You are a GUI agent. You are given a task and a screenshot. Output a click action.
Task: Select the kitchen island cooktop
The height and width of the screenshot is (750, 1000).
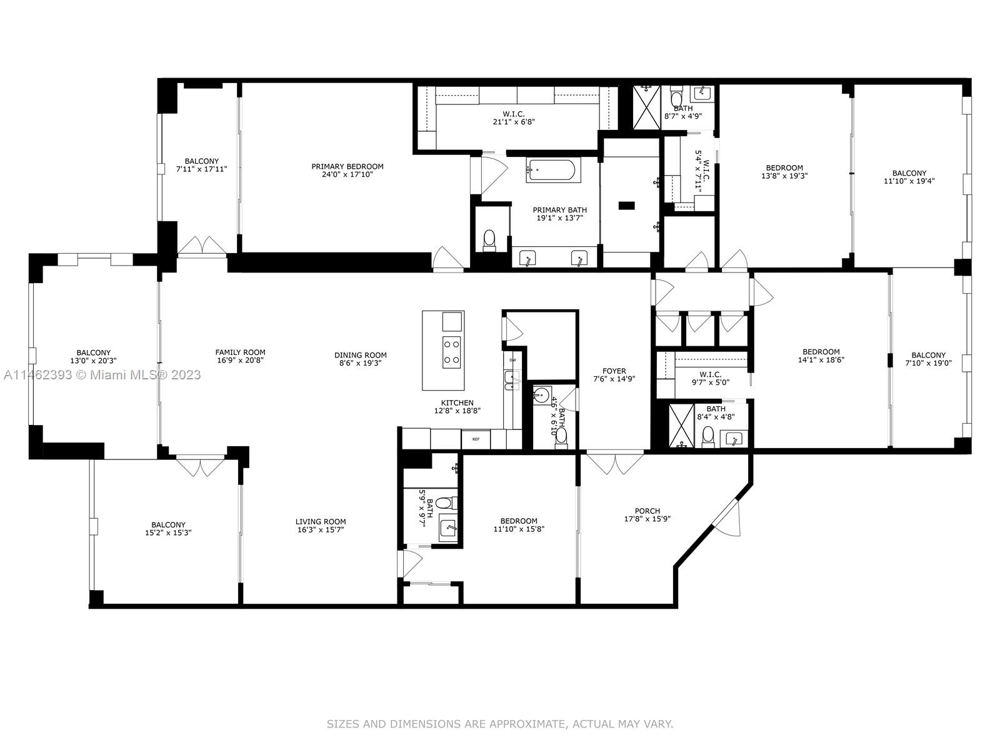pyautogui.click(x=452, y=351)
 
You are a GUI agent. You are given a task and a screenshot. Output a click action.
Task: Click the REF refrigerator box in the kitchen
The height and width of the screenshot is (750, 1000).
pyautogui.click(x=476, y=439)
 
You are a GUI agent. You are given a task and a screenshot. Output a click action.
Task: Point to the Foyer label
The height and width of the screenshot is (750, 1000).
pyautogui.click(x=614, y=371)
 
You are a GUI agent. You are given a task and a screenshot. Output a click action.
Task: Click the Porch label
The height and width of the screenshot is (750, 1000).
pyautogui.click(x=647, y=511)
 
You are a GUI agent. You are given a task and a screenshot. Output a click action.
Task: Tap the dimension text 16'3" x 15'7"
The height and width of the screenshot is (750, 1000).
pyautogui.click(x=321, y=530)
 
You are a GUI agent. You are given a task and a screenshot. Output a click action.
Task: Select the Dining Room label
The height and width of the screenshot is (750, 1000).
pyautogui.click(x=360, y=355)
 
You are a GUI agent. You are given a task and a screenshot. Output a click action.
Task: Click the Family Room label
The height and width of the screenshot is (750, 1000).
pyautogui.click(x=240, y=352)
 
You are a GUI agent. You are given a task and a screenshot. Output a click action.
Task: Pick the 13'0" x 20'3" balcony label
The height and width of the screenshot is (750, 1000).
pyautogui.click(x=93, y=352)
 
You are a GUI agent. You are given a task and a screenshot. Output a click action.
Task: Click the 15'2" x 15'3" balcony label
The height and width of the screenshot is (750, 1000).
pyautogui.click(x=168, y=525)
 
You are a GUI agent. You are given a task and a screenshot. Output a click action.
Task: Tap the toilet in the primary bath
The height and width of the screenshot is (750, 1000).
pyautogui.click(x=489, y=239)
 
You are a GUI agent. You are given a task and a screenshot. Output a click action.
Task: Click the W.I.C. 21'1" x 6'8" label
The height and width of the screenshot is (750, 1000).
pyautogui.click(x=513, y=114)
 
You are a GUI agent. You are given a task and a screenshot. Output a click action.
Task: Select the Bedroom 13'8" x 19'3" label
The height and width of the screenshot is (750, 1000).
pyautogui.click(x=784, y=167)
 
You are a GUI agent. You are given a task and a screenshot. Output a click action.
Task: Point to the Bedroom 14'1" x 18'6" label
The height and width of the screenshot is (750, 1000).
pyautogui.click(x=821, y=351)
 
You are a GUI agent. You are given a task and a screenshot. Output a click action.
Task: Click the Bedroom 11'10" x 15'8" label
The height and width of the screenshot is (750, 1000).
pyautogui.click(x=518, y=521)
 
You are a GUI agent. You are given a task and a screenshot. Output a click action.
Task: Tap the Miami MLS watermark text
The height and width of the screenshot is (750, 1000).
pyautogui.click(x=102, y=374)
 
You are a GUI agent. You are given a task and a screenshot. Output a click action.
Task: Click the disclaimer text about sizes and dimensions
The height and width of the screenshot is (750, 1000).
pyautogui.click(x=499, y=724)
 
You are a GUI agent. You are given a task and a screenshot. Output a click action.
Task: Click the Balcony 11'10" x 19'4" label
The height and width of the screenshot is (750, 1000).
pyautogui.click(x=909, y=173)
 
